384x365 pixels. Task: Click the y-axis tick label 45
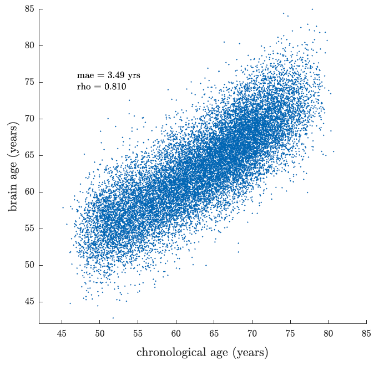tap(29, 302)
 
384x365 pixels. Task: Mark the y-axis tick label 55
tap(29, 229)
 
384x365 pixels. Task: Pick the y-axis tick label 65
tap(29, 155)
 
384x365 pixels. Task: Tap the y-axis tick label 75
tap(29, 82)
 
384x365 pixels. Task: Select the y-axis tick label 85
tap(29, 9)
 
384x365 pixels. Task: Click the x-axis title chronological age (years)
tap(202, 352)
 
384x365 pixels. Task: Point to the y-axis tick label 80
tap(29, 45)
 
